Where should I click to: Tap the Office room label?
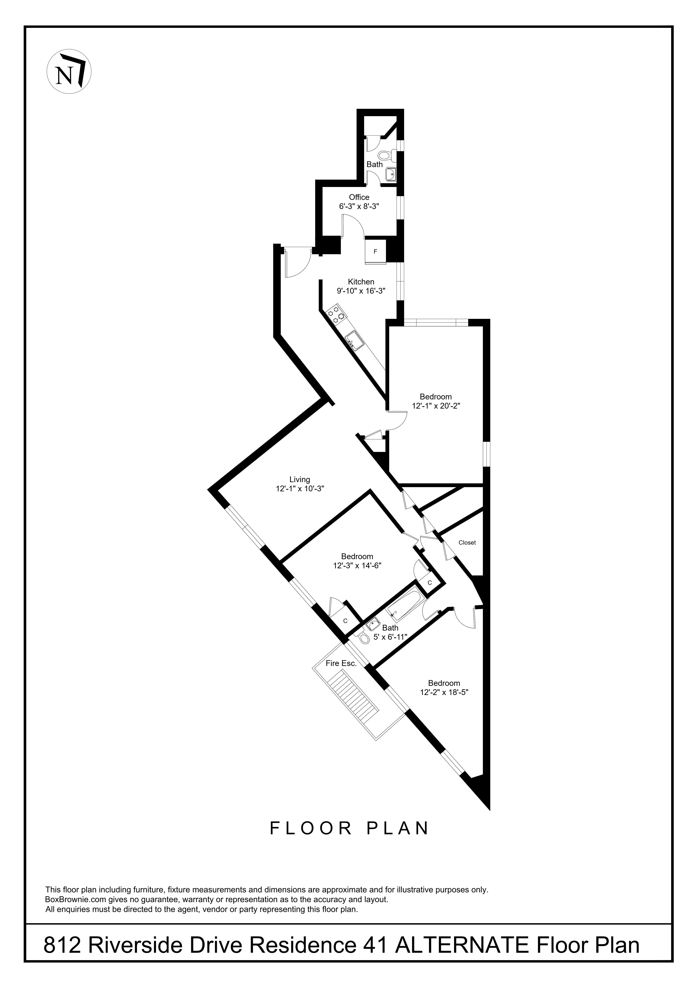(x=359, y=197)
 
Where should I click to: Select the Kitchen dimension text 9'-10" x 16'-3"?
(x=361, y=291)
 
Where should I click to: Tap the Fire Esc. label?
(x=341, y=663)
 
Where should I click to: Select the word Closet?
(x=467, y=542)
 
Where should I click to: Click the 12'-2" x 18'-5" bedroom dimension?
(x=444, y=692)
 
